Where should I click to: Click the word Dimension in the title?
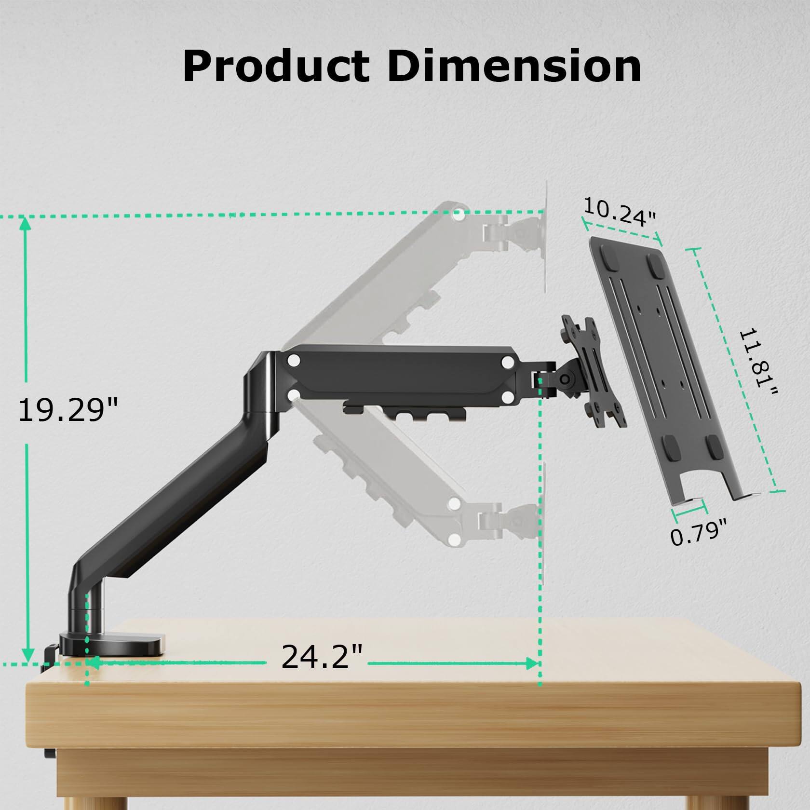(514, 67)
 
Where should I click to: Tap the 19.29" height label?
(67, 410)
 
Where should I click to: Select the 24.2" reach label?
(322, 656)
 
